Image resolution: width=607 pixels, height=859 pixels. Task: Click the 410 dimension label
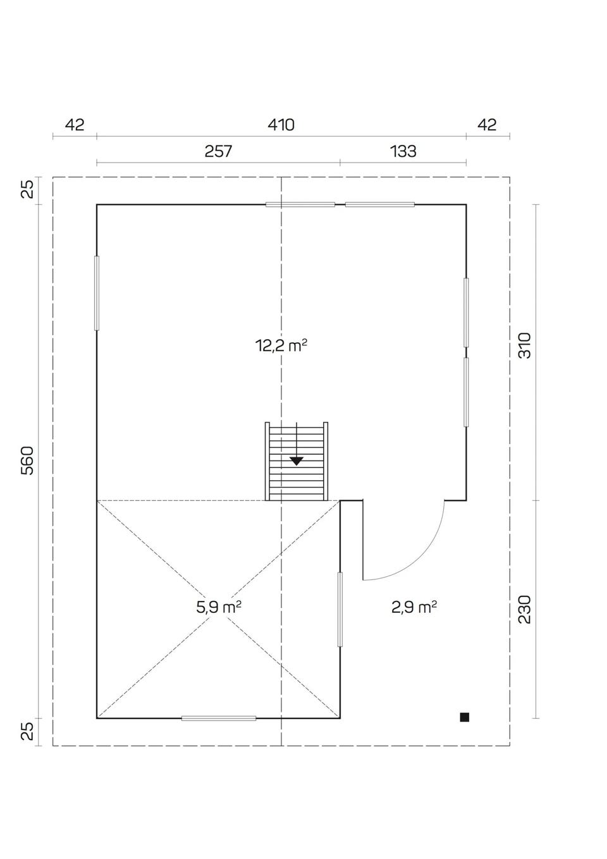(281, 125)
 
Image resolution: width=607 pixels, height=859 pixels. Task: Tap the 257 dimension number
(218, 151)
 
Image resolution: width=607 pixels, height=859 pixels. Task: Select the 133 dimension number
(403, 151)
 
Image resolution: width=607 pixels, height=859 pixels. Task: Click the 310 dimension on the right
(525, 345)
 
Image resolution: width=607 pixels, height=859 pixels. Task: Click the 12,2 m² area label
(281, 346)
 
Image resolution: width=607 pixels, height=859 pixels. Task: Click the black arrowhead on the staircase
(297, 461)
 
